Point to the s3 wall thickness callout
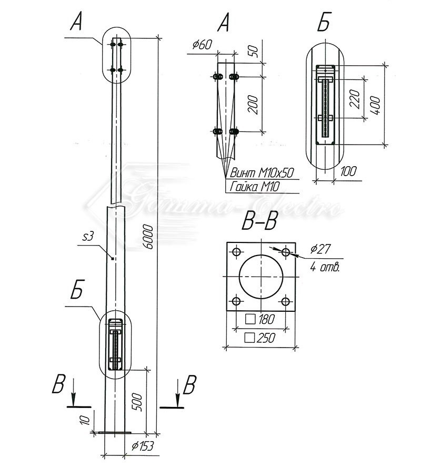click(x=88, y=237)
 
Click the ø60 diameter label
click(x=202, y=46)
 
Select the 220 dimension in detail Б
click(x=354, y=98)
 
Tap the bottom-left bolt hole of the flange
click(x=236, y=301)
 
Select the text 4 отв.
click(x=325, y=268)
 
